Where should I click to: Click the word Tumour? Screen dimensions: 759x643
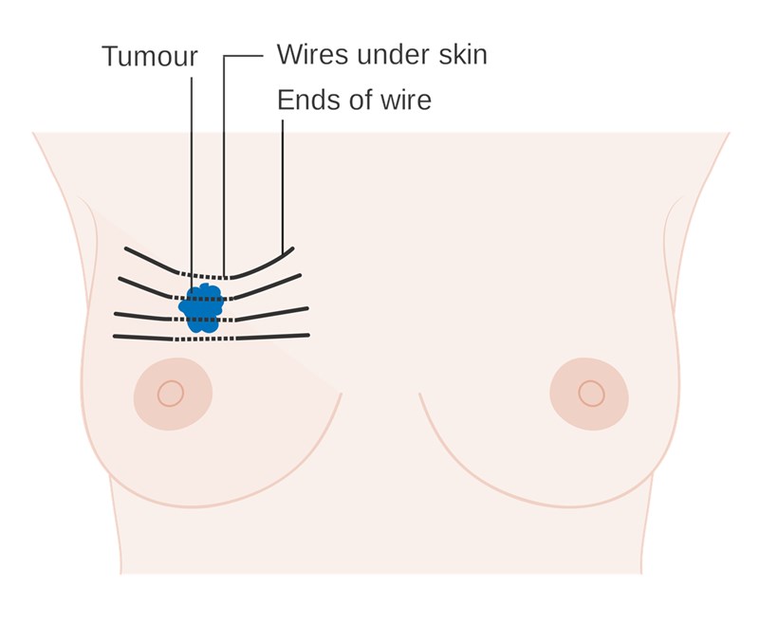click(x=150, y=56)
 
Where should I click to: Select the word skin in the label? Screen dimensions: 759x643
click(x=463, y=54)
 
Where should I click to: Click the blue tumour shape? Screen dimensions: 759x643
click(x=202, y=308)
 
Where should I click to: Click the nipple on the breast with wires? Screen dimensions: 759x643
click(x=171, y=394)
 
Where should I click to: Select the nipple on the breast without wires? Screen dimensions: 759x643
click(x=591, y=394)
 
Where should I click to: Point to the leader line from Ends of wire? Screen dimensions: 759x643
click(x=283, y=187)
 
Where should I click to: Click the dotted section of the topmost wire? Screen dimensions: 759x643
click(x=204, y=276)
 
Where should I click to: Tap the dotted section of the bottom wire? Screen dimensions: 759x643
click(x=204, y=340)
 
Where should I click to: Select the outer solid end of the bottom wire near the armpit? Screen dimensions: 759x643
click(x=143, y=338)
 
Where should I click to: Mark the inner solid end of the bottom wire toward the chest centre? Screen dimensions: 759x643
click(x=272, y=337)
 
